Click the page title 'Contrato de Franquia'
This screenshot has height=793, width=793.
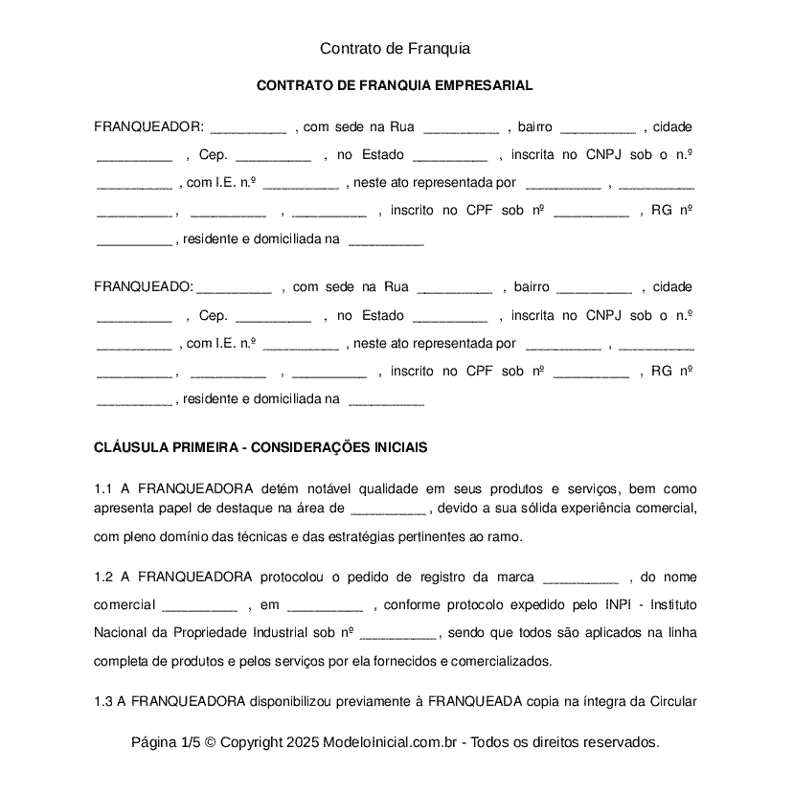[x=395, y=48]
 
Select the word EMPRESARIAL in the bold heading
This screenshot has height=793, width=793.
[x=484, y=86]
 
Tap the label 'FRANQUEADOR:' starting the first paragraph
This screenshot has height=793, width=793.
[x=148, y=127]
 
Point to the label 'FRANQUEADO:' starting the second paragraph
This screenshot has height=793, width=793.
[x=144, y=286]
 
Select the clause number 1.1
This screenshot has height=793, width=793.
[x=103, y=488]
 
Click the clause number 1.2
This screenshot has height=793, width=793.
[x=103, y=577]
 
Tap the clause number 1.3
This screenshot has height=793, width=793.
[x=103, y=701]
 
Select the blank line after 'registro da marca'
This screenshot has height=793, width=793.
[x=580, y=578]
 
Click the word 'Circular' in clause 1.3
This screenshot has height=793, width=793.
[x=672, y=701]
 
